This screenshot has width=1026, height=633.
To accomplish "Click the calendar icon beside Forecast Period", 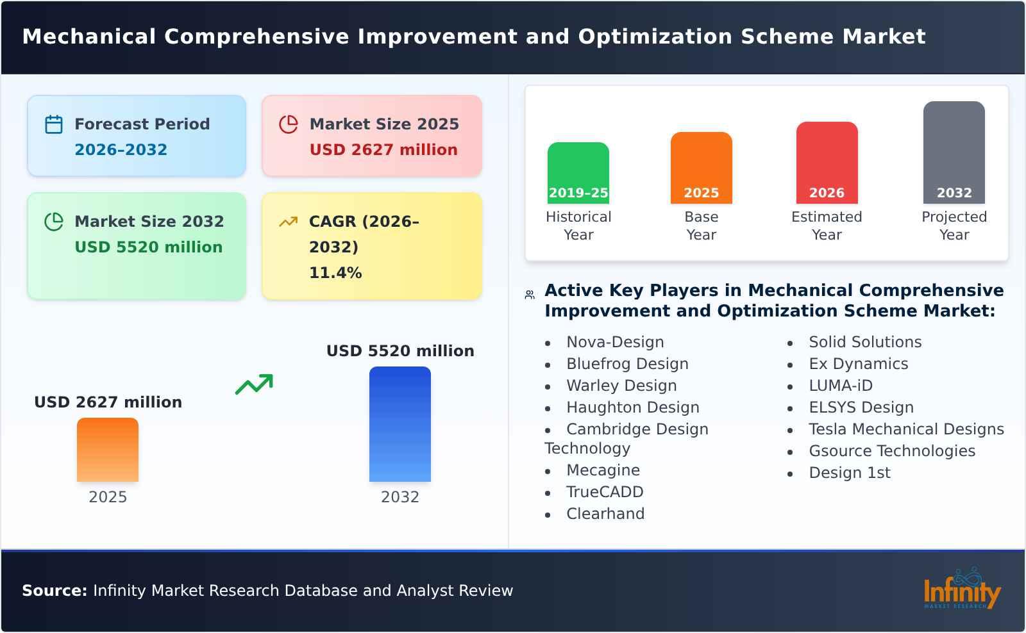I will [54, 124].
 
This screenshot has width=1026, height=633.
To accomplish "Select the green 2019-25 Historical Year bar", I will [578, 173].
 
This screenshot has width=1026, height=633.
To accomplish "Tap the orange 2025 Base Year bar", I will [701, 168].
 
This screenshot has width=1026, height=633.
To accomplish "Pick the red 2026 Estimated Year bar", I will [827, 163].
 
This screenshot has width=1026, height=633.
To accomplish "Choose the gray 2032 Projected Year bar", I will [954, 152].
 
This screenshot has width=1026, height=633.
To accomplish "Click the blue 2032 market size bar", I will [399, 424].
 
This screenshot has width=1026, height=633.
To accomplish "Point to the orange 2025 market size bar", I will [108, 450].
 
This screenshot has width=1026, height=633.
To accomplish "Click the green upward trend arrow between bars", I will [254, 384].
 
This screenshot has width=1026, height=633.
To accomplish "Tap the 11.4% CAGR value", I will [335, 273].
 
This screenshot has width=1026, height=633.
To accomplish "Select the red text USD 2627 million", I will [383, 150].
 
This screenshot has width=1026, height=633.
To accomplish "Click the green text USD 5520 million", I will [148, 247].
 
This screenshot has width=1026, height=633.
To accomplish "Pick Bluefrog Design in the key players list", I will [627, 364].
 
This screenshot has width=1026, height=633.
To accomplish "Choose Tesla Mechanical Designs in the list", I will [905, 429].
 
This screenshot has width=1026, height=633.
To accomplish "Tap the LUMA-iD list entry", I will [840, 386].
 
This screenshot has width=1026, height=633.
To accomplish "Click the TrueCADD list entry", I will [604, 492].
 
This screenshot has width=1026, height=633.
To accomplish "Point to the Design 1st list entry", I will [849, 473].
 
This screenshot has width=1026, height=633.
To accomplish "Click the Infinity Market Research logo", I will [961, 589].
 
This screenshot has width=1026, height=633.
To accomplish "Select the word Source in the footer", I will [54, 591].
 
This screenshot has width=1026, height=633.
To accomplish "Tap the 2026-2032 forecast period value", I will [121, 150].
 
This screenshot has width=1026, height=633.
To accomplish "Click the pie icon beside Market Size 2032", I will [54, 222].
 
